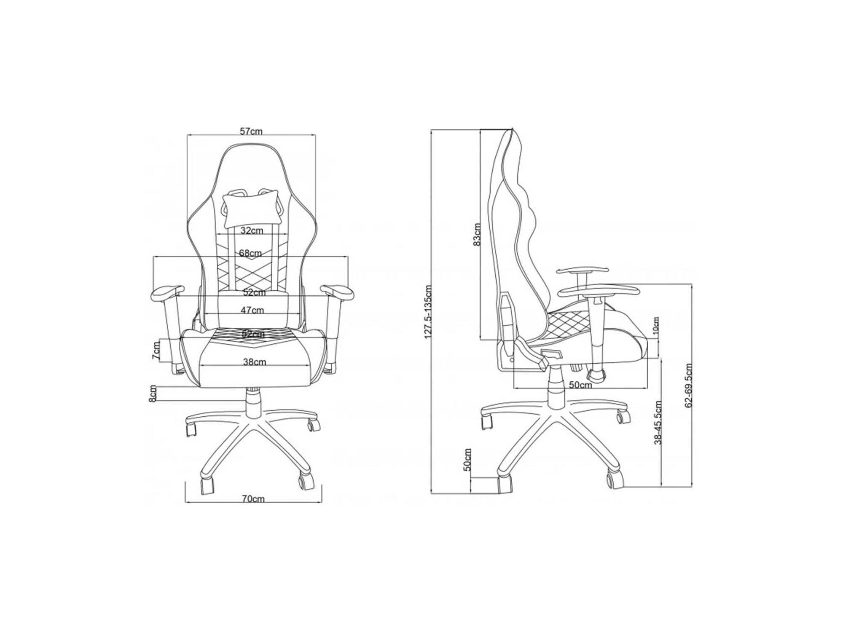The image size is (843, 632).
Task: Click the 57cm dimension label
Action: point(251,131)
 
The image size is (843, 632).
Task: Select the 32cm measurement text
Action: point(252,230)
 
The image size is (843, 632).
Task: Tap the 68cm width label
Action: point(250,253)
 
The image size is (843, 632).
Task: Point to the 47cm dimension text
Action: point(252,311)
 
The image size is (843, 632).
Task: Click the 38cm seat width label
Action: point(255,362)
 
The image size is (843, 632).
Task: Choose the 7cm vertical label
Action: point(156,351)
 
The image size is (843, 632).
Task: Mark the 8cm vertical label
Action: point(153,394)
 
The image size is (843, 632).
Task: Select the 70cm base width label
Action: point(253,499)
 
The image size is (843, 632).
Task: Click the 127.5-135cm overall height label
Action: point(428,312)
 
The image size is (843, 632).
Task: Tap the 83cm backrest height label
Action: point(476,235)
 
